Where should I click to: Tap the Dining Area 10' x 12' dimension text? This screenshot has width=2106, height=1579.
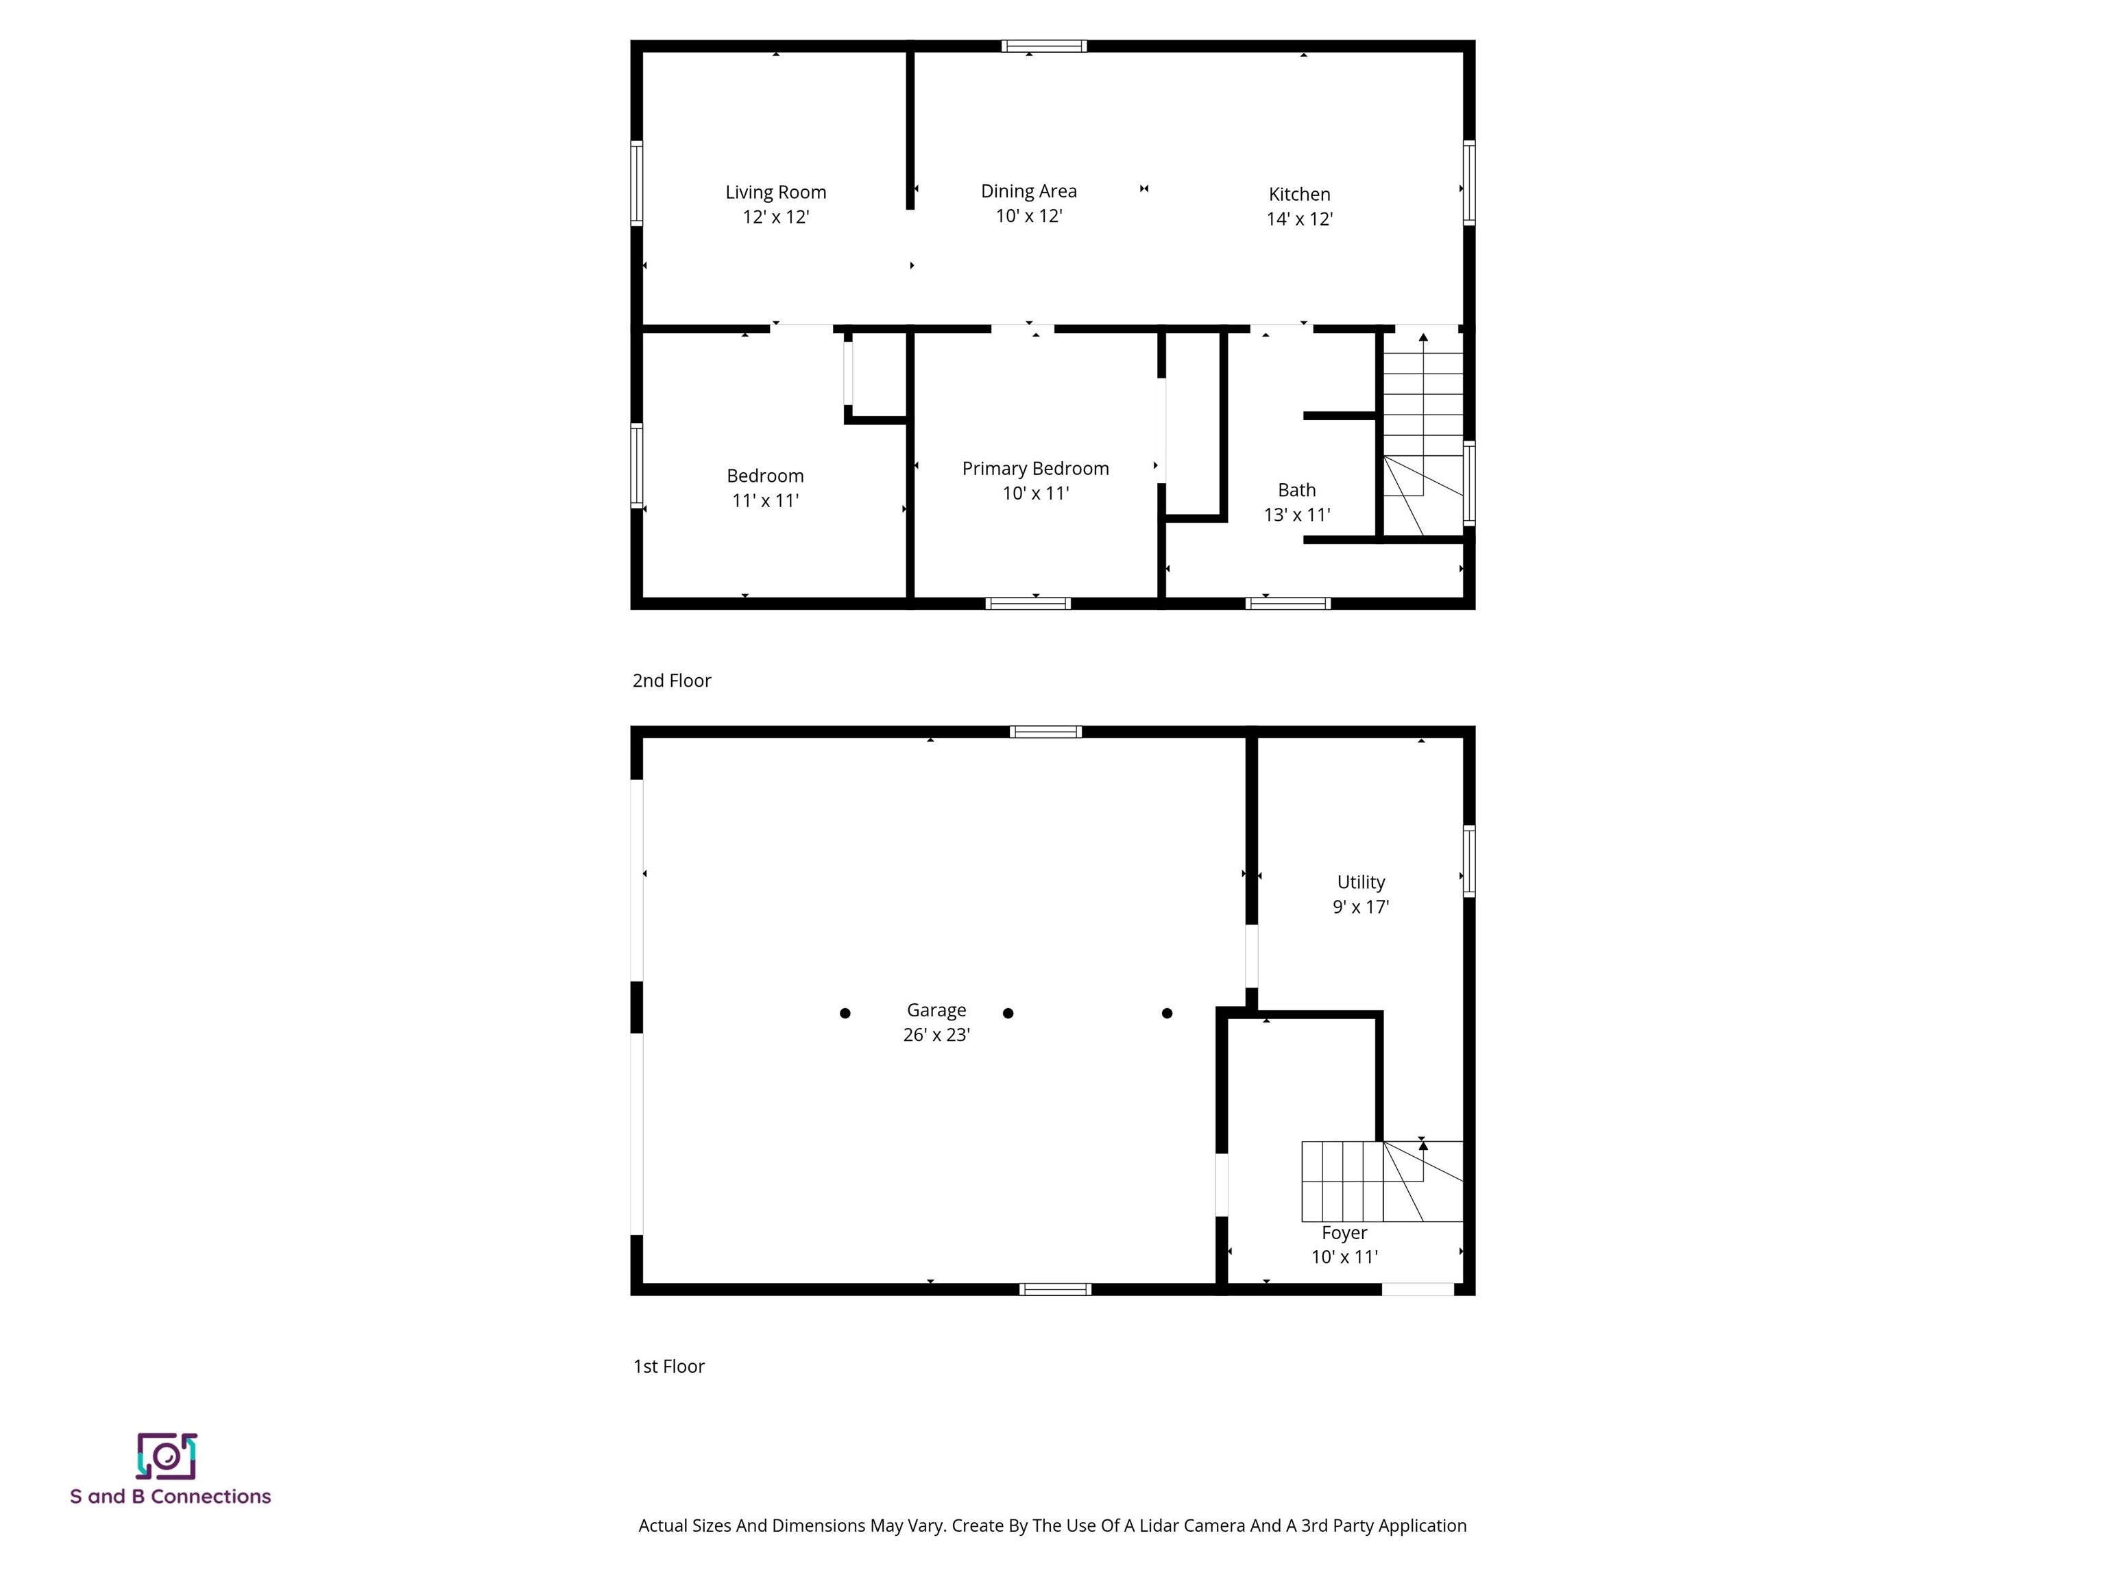tap(1028, 216)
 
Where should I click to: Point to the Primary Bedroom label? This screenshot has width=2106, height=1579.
tap(1035, 468)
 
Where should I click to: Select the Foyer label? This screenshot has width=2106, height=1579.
tap(1344, 1232)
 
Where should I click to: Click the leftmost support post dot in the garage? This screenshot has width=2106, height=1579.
tap(845, 1014)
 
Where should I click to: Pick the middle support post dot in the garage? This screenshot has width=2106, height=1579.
tap(1008, 1014)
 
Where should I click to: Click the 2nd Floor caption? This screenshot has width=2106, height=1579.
tap(671, 681)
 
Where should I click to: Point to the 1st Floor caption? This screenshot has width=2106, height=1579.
tap(668, 1367)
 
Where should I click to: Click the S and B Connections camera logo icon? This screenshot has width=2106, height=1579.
tap(167, 1456)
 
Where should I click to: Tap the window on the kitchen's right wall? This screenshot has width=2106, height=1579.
tap(1468, 183)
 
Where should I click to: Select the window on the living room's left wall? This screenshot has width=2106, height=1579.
tap(637, 183)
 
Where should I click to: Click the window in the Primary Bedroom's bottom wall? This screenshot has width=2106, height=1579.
tap(1028, 603)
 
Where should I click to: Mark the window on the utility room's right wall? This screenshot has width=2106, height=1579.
tap(1468, 861)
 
